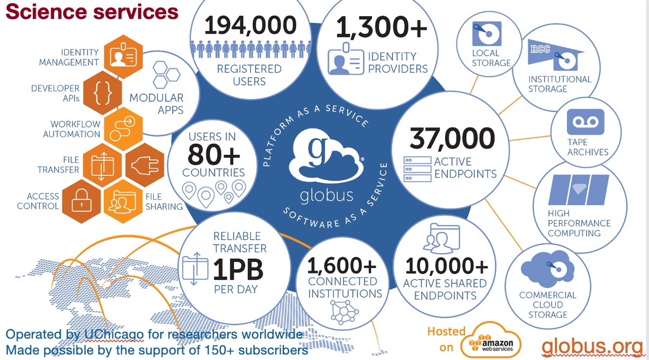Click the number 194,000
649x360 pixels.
coord(250,25)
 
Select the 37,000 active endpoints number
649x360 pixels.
coord(452,138)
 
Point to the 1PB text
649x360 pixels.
coord(236,268)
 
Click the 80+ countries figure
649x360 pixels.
coord(214,155)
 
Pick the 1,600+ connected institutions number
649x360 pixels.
coord(342,265)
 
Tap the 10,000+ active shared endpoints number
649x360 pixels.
coord(446,265)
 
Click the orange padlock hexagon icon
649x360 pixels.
coord(82,202)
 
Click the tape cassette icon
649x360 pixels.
coord(585,122)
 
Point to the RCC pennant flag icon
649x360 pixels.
coord(557,56)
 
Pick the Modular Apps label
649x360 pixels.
coord(156,104)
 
